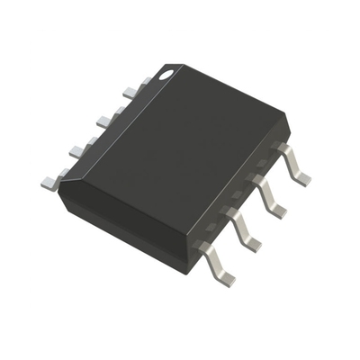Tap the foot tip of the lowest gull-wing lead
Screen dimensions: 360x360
(224, 279)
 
